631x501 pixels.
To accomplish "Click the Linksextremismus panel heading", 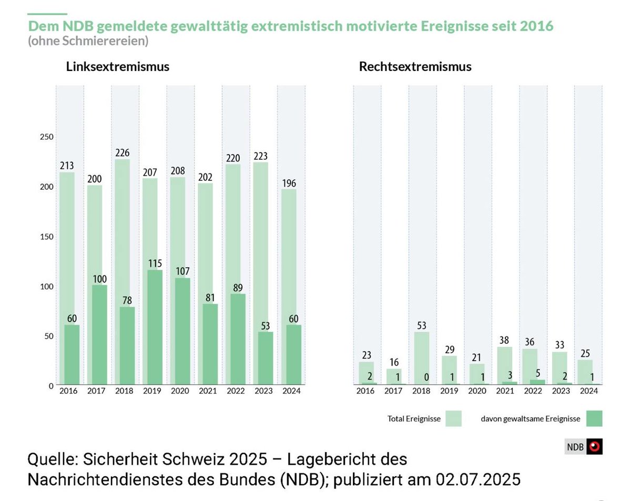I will [x=117, y=67].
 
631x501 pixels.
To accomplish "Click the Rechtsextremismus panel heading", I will [x=415, y=67].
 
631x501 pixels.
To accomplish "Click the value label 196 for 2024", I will [x=289, y=183].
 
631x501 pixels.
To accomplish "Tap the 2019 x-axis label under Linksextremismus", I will [x=152, y=391].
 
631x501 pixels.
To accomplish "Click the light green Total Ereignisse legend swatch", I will [x=453, y=418].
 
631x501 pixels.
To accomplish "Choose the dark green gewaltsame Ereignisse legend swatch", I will [x=593, y=418].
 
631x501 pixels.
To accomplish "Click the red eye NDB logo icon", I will [x=595, y=447].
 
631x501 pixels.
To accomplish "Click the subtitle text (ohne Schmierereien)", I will [x=88, y=40].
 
